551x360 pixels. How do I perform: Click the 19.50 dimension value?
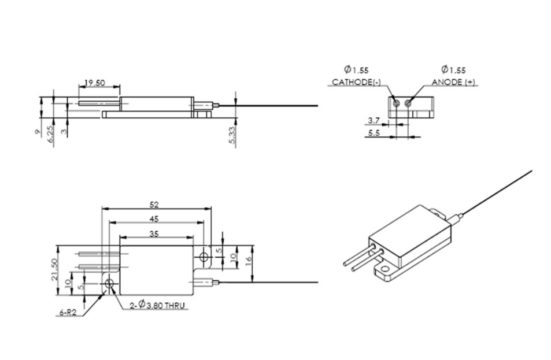point(94,83)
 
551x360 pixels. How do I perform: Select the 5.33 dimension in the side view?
point(232,136)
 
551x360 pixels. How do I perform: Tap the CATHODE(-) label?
point(356,83)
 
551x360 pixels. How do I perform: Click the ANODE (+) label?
point(453,83)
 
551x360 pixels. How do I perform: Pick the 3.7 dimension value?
point(373,121)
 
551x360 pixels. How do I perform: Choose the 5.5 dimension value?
point(373,133)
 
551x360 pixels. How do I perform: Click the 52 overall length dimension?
point(154,204)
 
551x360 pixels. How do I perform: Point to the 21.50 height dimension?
point(55,269)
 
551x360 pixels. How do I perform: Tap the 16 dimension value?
point(248,261)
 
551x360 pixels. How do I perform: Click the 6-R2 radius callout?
point(68,313)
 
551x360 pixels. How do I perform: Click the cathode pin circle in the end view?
point(397,103)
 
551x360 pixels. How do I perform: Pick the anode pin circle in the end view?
point(409,103)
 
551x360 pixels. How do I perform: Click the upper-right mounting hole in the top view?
point(203,256)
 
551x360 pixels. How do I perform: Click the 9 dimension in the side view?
point(38,132)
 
